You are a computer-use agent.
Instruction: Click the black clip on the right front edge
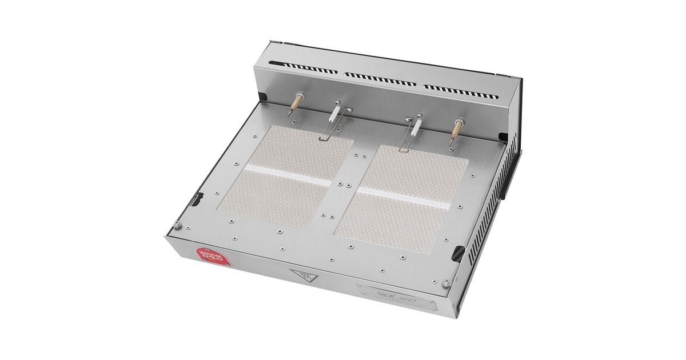459,252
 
